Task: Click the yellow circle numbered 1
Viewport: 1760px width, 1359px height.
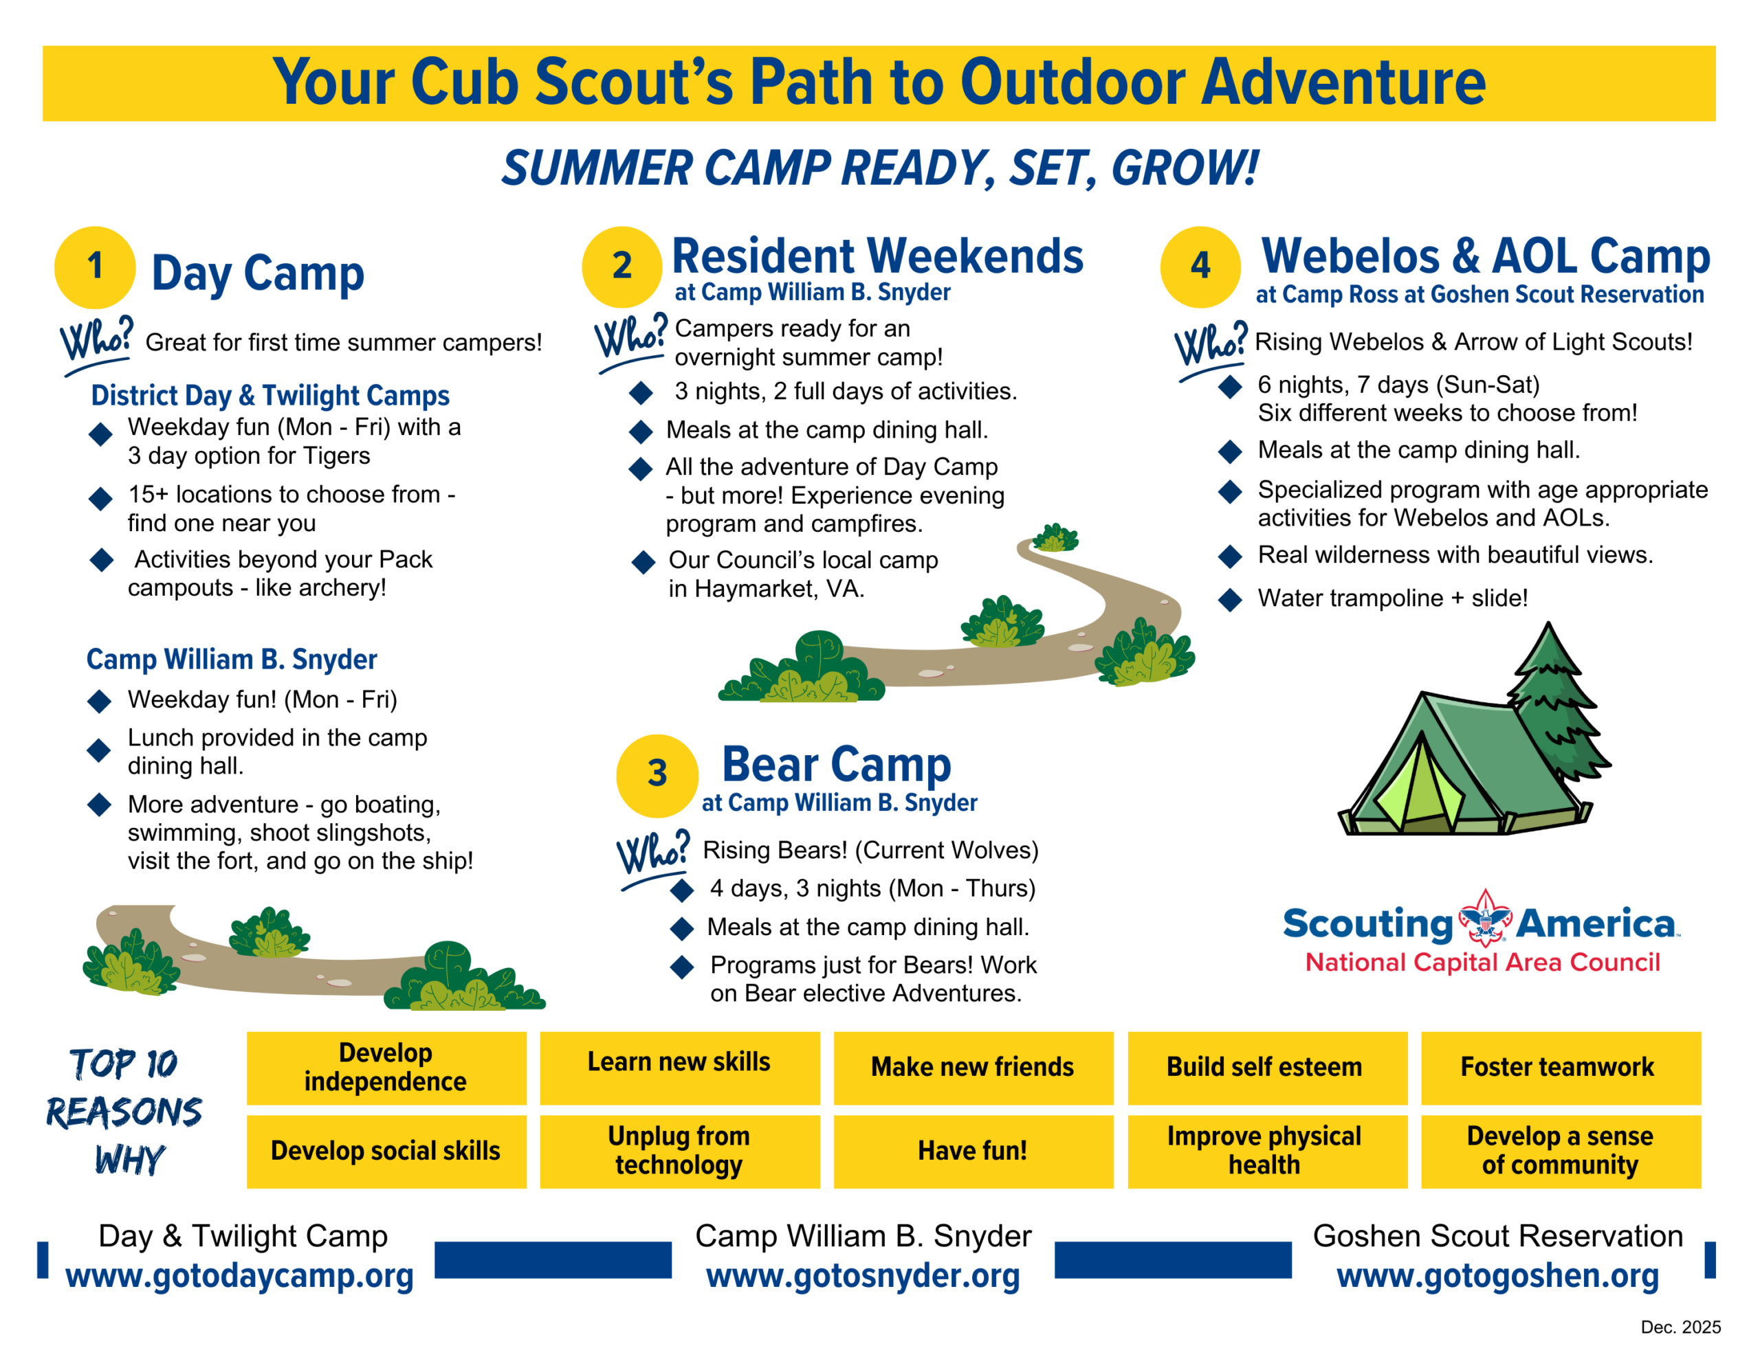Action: (94, 267)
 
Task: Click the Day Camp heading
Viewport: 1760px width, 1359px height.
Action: (258, 274)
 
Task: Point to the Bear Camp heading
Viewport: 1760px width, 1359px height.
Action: (837, 765)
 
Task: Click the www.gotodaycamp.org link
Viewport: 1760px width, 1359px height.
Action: (239, 1275)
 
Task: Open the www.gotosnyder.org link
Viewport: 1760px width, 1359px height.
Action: (863, 1275)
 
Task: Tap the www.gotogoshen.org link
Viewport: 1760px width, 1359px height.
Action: (1497, 1275)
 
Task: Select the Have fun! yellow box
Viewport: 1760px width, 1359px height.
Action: (973, 1151)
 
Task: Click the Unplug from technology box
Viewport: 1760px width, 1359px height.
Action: (680, 1151)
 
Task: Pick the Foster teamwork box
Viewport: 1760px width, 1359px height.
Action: (1561, 1068)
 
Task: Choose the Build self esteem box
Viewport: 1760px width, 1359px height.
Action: (1268, 1068)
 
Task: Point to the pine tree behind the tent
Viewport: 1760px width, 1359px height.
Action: (1555, 701)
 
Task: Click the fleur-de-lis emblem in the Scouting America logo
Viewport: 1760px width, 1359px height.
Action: (1485, 919)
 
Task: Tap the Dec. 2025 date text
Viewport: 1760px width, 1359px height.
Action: (1680, 1327)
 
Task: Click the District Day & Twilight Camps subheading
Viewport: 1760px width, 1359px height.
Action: (270, 396)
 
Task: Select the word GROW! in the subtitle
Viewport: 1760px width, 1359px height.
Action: (1185, 168)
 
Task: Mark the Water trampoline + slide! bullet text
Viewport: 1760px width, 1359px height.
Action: (1392, 598)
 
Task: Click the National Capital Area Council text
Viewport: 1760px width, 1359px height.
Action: (1483, 962)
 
